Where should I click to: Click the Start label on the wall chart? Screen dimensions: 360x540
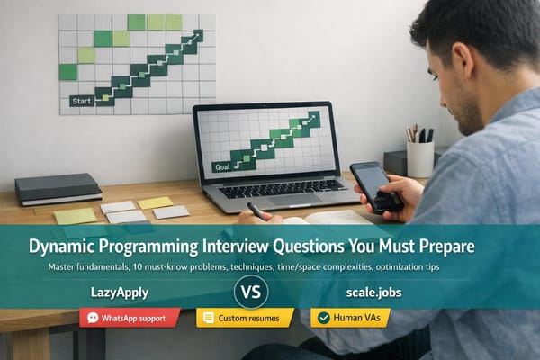point(82,102)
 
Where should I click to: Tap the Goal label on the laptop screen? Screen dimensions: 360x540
point(221,166)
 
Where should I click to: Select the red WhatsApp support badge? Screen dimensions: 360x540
point(130,318)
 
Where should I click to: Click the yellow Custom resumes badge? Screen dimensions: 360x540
point(245,318)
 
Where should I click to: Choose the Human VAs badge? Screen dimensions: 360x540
point(350,318)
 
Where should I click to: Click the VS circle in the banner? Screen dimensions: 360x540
point(251,292)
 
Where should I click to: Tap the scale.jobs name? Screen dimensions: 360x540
point(370,292)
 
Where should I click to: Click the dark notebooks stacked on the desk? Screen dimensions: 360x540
point(58,189)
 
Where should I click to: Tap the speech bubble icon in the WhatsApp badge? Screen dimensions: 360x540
point(91,318)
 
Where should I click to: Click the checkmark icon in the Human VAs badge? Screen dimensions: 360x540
point(323,318)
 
